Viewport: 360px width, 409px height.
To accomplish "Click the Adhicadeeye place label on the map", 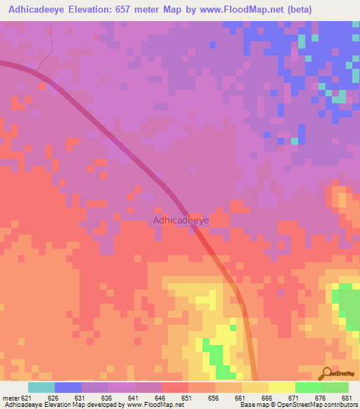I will coord(181,220).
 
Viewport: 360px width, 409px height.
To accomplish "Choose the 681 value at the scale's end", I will coord(346,398).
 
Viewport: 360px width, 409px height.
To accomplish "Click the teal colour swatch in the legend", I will coord(41,387).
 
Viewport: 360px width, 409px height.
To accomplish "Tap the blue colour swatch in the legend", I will coord(68,387).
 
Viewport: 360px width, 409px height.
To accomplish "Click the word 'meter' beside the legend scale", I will coord(11,398).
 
